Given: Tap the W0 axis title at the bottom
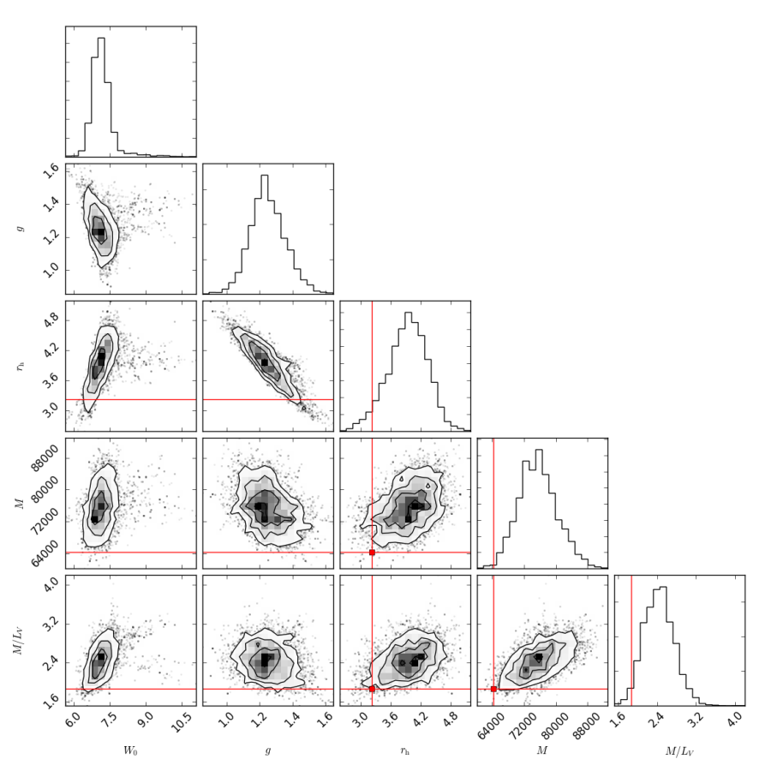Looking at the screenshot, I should coord(130,751).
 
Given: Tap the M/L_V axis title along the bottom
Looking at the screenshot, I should coord(679,751).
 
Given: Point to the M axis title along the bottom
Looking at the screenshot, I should coord(541,751).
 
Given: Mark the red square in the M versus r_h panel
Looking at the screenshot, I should coord(372,553).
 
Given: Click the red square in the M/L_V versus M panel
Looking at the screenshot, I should coord(493,689).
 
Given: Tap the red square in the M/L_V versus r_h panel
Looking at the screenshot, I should coord(372,689).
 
